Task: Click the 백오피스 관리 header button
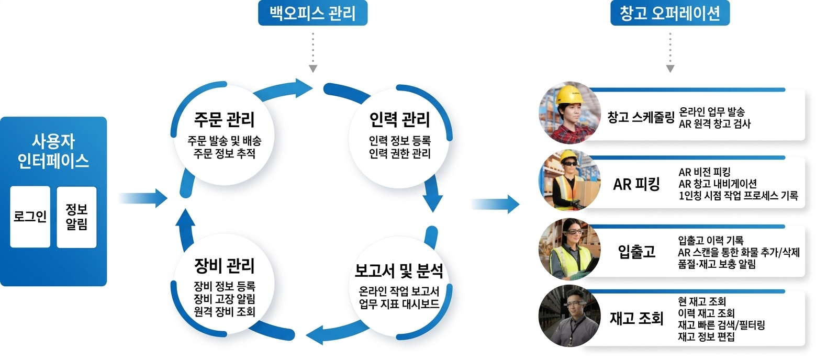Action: [312, 13]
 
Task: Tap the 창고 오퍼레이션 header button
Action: [670, 13]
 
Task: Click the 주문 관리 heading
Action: [223, 119]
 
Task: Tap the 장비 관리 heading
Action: [223, 265]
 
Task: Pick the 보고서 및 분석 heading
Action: [399, 271]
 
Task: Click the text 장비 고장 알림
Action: [223, 299]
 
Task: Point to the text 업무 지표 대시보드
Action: [399, 305]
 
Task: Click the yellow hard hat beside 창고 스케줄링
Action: [568, 95]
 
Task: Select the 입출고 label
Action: [636, 252]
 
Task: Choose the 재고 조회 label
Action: [636, 318]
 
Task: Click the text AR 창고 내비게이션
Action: [717, 184]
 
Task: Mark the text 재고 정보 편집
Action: [706, 336]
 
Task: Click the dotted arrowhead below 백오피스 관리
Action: [313, 69]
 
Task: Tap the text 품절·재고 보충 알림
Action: [717, 264]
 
